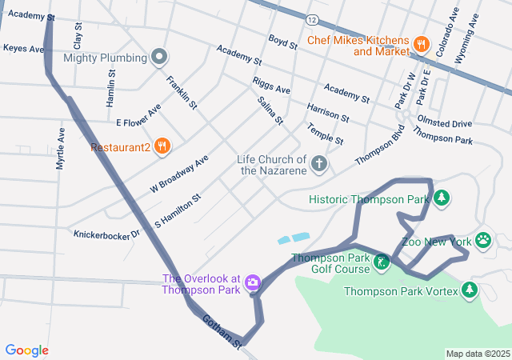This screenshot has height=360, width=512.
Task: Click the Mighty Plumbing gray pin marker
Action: (x=159, y=58)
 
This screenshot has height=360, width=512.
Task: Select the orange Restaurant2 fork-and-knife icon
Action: (x=162, y=146)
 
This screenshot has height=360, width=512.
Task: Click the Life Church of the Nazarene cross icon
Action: (x=318, y=165)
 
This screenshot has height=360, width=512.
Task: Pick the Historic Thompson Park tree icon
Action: (x=440, y=198)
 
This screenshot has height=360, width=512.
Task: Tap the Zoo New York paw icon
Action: (x=483, y=240)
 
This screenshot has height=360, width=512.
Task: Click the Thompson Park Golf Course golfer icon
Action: (x=382, y=262)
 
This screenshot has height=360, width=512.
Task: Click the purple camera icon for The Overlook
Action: (x=253, y=282)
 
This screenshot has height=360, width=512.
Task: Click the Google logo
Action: (x=27, y=350)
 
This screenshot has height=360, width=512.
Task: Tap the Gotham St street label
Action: (x=221, y=331)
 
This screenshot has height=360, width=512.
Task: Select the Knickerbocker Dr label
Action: (x=106, y=234)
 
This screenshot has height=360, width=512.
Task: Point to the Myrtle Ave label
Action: (x=60, y=147)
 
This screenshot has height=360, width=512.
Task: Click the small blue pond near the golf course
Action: (x=294, y=238)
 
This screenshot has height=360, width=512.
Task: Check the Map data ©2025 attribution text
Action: (x=477, y=354)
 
